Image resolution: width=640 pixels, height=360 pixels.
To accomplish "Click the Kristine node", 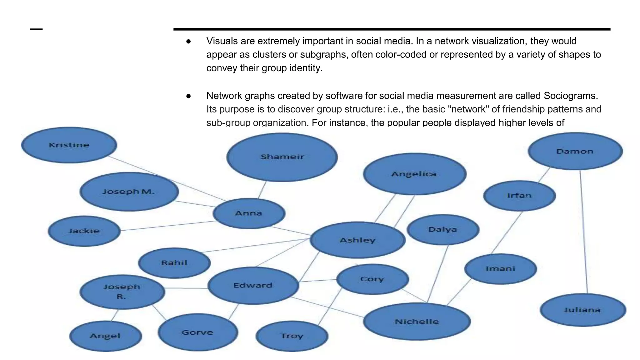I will point(69,145).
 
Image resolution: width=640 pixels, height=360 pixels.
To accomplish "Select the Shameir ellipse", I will point(282,157).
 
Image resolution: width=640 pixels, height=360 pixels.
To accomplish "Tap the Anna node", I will point(249,213).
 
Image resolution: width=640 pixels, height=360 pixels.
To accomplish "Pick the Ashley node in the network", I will point(357,240).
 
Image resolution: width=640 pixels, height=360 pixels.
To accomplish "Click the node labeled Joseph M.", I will point(129,192).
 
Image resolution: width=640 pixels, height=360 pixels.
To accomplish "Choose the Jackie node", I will point(84,231).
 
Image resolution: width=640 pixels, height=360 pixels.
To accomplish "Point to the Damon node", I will point(575,151).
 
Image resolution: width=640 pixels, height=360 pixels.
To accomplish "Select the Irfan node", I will point(519,196).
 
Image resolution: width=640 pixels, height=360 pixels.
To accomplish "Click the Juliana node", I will point(582,310).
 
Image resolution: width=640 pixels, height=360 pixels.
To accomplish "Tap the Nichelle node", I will point(417,321).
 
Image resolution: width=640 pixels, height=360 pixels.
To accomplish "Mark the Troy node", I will point(292,336).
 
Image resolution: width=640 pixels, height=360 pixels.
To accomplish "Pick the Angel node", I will point(105,336).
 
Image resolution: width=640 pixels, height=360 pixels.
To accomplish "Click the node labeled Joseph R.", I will point(122,292).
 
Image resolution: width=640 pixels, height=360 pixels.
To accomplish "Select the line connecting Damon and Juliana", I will point(584,231).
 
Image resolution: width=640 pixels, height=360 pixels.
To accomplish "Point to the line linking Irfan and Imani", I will point(507,232).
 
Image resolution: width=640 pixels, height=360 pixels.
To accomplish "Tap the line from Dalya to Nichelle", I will point(438,274).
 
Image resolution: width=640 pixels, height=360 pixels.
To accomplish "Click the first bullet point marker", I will point(188,41).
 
